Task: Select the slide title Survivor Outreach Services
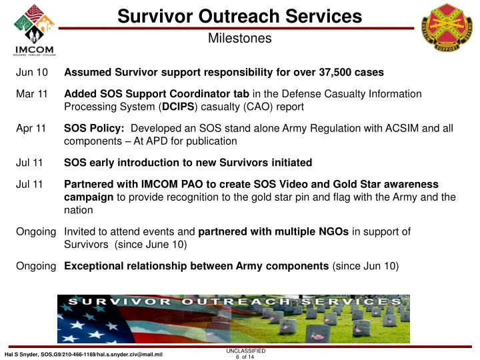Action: pyautogui.click(x=239, y=16)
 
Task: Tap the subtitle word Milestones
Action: pyautogui.click(x=239, y=39)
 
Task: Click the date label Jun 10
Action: pyautogui.click(x=32, y=72)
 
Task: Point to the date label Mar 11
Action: pyautogui.click(x=31, y=94)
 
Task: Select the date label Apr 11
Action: pyautogui.click(x=31, y=128)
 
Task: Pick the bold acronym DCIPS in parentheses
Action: pyautogui.click(x=179, y=107)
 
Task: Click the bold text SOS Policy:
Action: pyautogui.click(x=94, y=128)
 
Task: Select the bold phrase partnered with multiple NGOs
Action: pyautogui.click(x=273, y=231)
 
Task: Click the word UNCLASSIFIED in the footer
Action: pyautogui.click(x=245, y=350)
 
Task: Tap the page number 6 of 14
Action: pyautogui.click(x=245, y=357)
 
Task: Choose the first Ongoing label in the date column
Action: pyautogui.click(x=36, y=231)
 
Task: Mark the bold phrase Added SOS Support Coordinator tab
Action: pyautogui.click(x=157, y=94)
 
